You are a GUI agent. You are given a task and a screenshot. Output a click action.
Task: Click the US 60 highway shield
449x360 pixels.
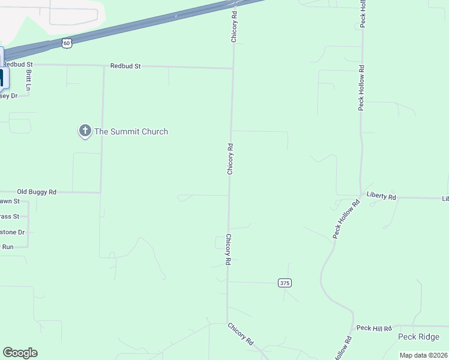[x=67, y=43]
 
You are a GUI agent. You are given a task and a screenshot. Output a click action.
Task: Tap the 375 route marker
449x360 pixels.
[x=285, y=283]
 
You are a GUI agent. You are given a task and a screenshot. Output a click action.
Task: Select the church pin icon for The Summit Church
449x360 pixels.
[x=85, y=131]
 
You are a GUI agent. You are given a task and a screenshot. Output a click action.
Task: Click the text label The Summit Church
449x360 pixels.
[x=131, y=131]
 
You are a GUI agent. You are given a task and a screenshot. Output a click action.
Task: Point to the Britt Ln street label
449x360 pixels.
[x=28, y=79]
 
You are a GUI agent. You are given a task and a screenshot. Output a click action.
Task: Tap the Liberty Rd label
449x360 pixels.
[x=381, y=197]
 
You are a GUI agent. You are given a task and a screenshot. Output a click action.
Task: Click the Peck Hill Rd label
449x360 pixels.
[x=373, y=328]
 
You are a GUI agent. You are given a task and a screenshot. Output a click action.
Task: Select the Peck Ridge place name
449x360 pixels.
[x=419, y=337]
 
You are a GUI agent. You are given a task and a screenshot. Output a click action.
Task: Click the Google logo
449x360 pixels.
[x=20, y=353]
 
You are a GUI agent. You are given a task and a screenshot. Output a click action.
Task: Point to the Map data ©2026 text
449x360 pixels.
[x=423, y=355]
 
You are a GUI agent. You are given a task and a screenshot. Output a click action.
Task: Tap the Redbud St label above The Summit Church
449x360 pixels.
[x=125, y=66]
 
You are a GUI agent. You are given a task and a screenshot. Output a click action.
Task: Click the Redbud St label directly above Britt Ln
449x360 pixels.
[x=17, y=64]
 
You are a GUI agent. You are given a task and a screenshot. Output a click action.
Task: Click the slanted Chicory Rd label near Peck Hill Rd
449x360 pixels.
[x=240, y=334]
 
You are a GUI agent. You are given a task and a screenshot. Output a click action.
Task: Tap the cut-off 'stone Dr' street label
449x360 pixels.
[x=12, y=232]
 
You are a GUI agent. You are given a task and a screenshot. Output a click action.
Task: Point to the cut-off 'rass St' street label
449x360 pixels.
[x=10, y=216]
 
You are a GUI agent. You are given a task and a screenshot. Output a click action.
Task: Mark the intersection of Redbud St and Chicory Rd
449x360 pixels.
[x=233, y=68]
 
